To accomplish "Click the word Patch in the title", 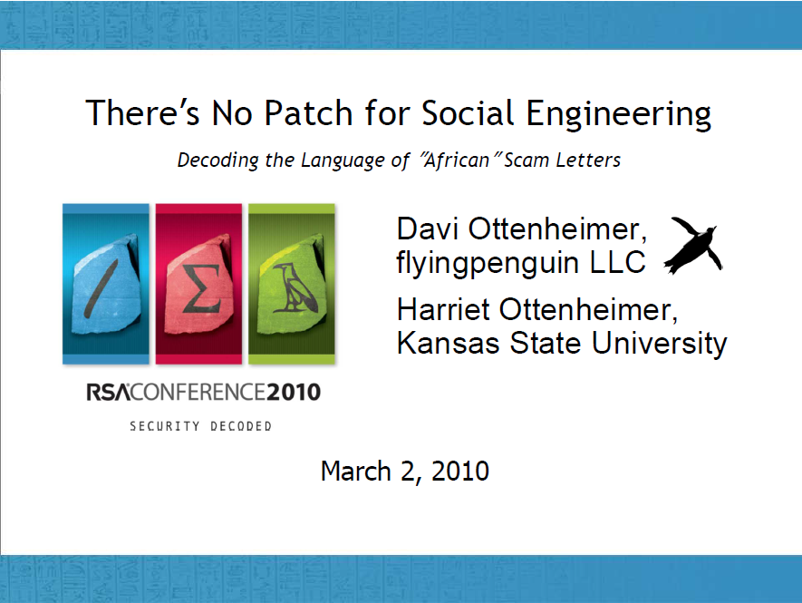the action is (308, 112).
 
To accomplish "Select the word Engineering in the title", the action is (618, 114).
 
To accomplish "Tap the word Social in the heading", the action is (468, 112).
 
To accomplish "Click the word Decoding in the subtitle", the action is (217, 160).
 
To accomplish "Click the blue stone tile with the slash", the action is (106, 284).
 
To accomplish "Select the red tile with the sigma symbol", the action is (198, 284).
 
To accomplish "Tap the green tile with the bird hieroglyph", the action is (292, 284).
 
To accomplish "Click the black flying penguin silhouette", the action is (693, 245).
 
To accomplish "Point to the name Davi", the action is (427, 229).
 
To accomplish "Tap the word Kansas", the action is (448, 343).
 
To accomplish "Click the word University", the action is (660, 344).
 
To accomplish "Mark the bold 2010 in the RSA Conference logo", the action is (294, 393).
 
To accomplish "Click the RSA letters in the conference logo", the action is (108, 393).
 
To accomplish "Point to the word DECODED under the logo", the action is (241, 426).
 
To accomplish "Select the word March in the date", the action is (356, 471).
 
